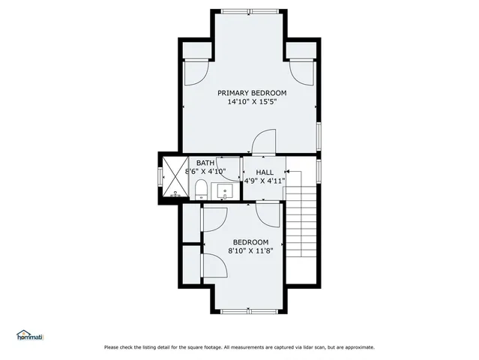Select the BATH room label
pyautogui.click(x=205, y=163)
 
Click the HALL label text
pyautogui.click(x=265, y=172)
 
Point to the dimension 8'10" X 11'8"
pyautogui.click(x=250, y=251)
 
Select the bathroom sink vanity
pyautogui.click(x=225, y=192)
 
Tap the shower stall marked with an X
pyautogui.click(x=174, y=180)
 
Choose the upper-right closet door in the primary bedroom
pyautogui.click(x=301, y=72)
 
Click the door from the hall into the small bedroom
pyautogui.click(x=268, y=213)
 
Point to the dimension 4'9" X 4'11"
pyautogui.click(x=265, y=181)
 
